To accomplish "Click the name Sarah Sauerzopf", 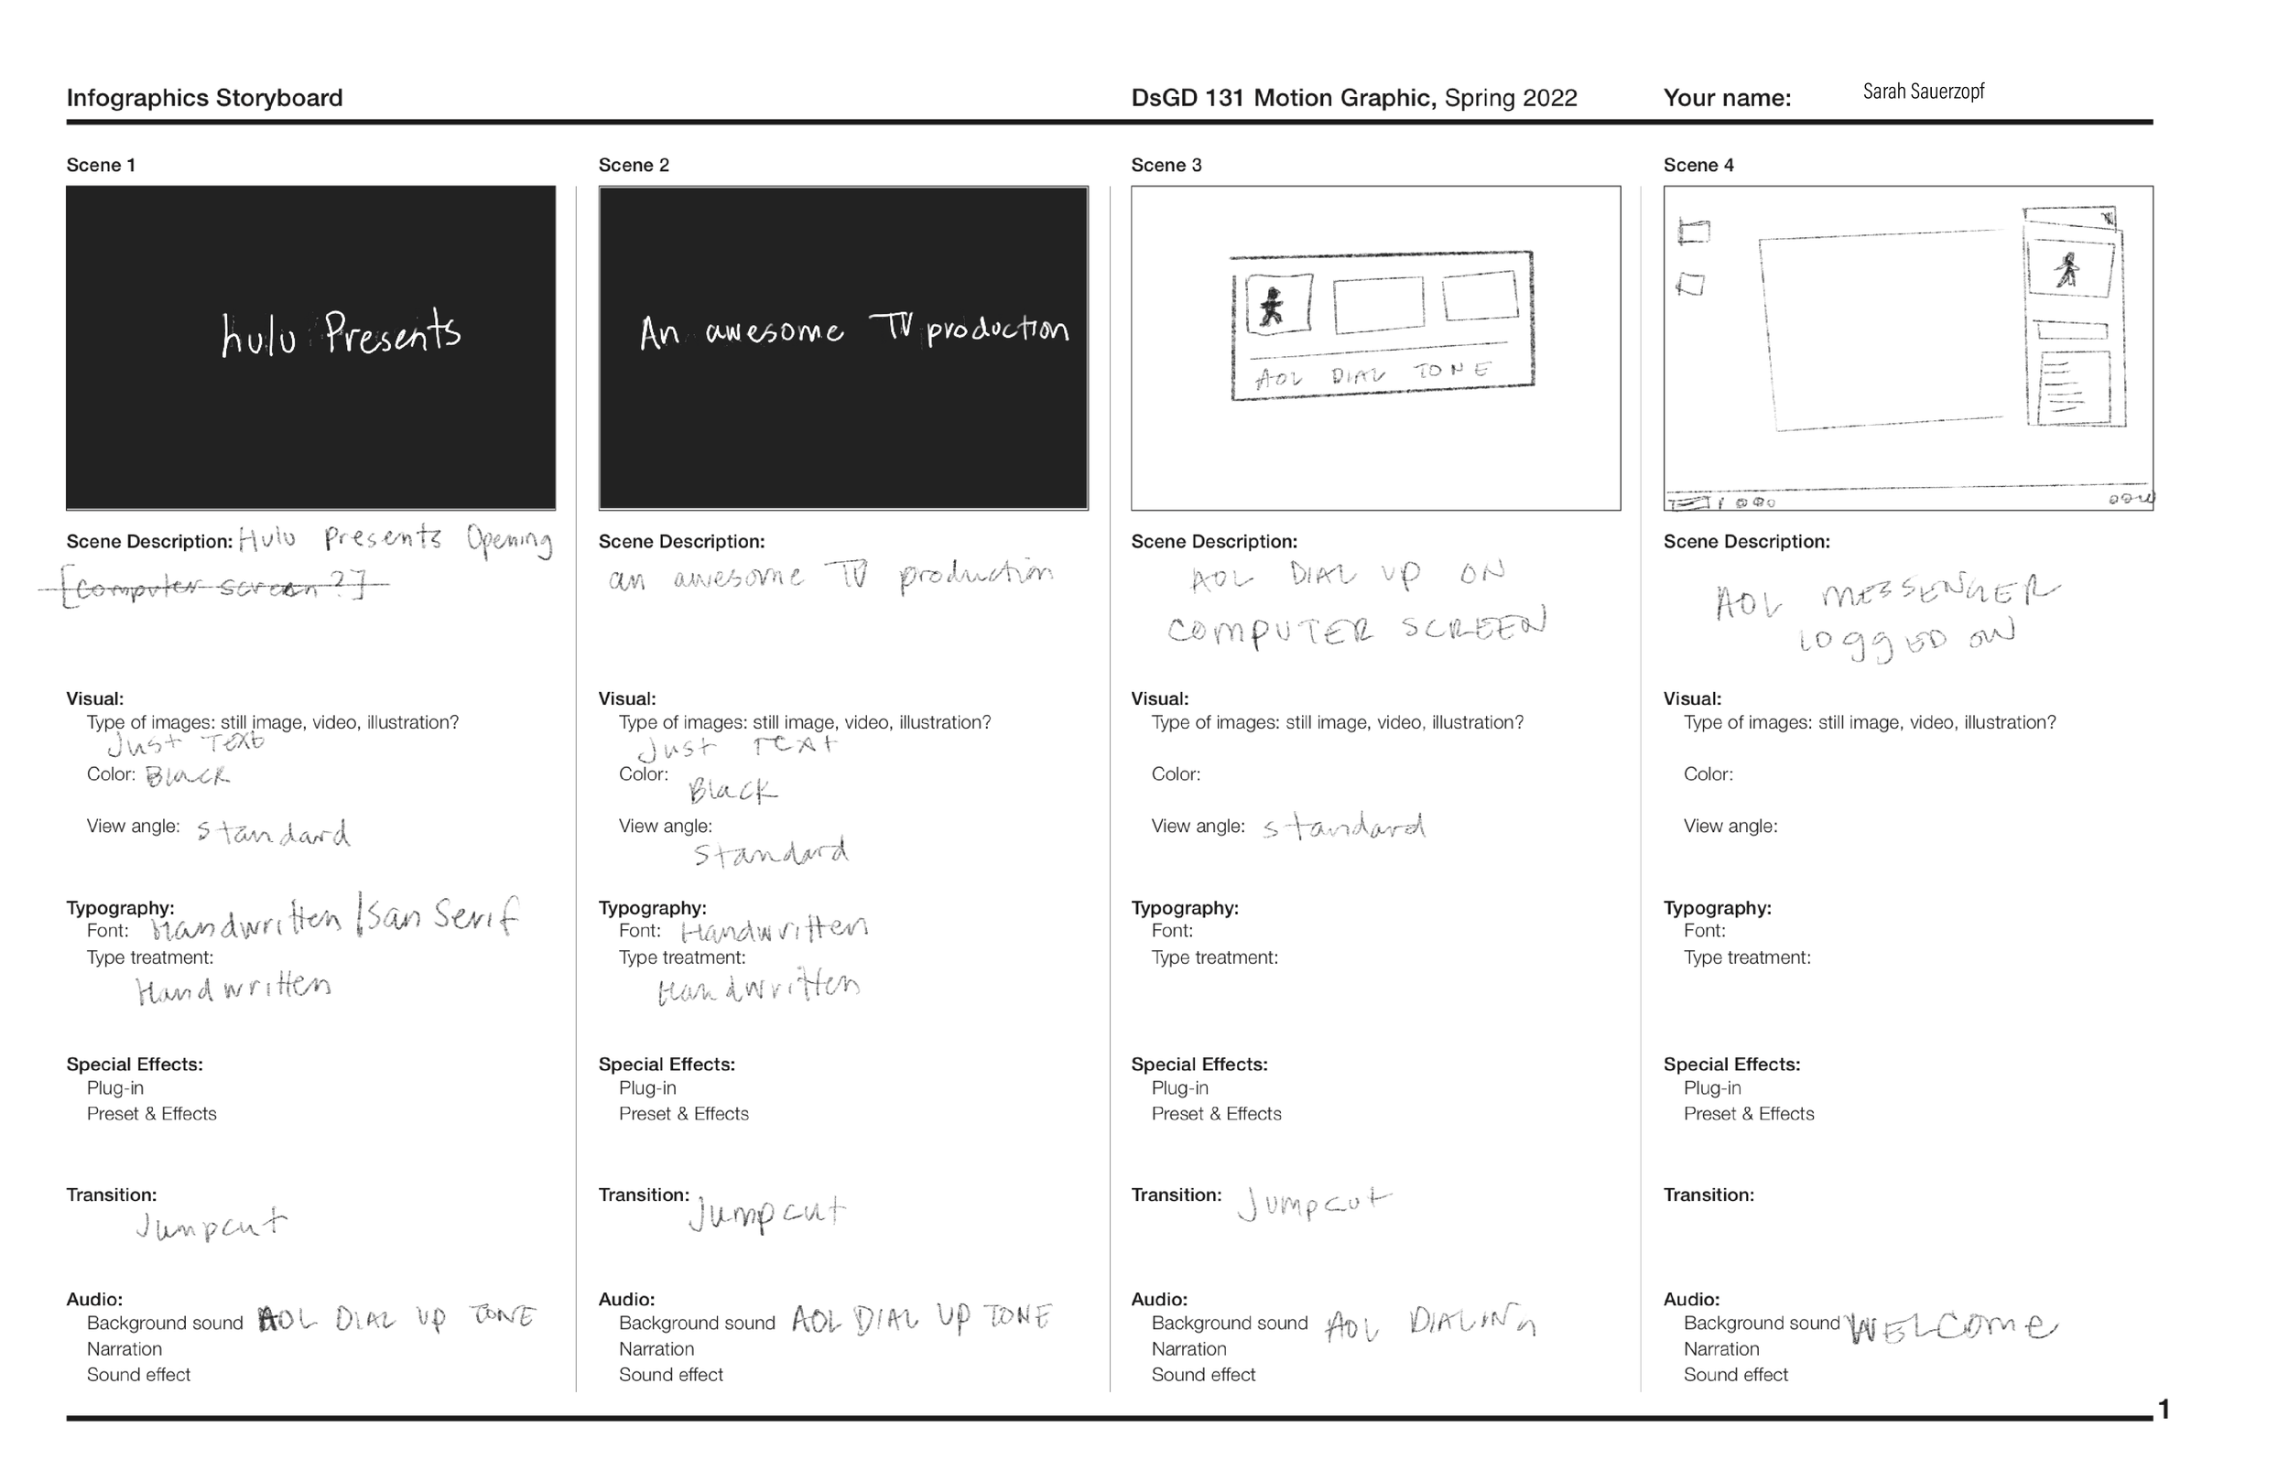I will (1923, 92).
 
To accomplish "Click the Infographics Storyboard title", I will (204, 98).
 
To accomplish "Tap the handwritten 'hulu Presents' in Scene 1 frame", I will (341, 334).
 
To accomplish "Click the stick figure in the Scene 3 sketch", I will (1273, 307).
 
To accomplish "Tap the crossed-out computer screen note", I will (213, 587).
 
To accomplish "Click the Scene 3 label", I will (1166, 166).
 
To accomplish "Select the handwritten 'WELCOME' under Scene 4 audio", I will (1952, 1329).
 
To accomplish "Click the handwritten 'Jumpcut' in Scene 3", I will (1313, 1202).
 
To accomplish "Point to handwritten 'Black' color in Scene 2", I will (732, 792).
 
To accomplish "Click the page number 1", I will (2163, 1410).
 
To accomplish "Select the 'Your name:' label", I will (1727, 98).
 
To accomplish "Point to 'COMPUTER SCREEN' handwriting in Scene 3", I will (1356, 629).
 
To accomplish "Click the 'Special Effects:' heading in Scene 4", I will (1731, 1065).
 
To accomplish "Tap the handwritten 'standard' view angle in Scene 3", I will (1343, 828).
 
